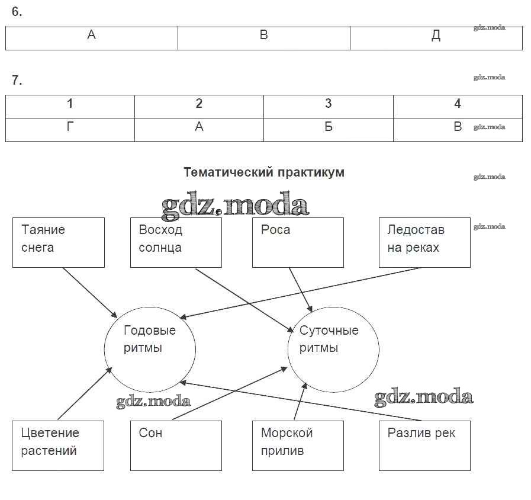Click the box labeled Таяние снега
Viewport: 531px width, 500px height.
point(58,242)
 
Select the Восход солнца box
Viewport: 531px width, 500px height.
point(176,242)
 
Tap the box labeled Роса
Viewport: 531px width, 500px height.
point(298,242)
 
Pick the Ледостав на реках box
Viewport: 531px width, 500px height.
point(424,242)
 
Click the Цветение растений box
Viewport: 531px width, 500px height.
point(57,445)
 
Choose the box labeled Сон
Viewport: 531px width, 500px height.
point(176,445)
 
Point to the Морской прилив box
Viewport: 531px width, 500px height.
point(298,445)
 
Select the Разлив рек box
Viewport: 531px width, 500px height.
point(424,445)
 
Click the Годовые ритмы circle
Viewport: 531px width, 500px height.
point(150,348)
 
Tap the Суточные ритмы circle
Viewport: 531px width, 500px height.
point(333,348)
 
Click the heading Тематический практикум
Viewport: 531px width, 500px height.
point(263,172)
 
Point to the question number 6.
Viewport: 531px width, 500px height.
point(17,12)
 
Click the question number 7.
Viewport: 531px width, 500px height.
point(17,81)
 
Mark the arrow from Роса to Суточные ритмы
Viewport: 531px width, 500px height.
point(300,289)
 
